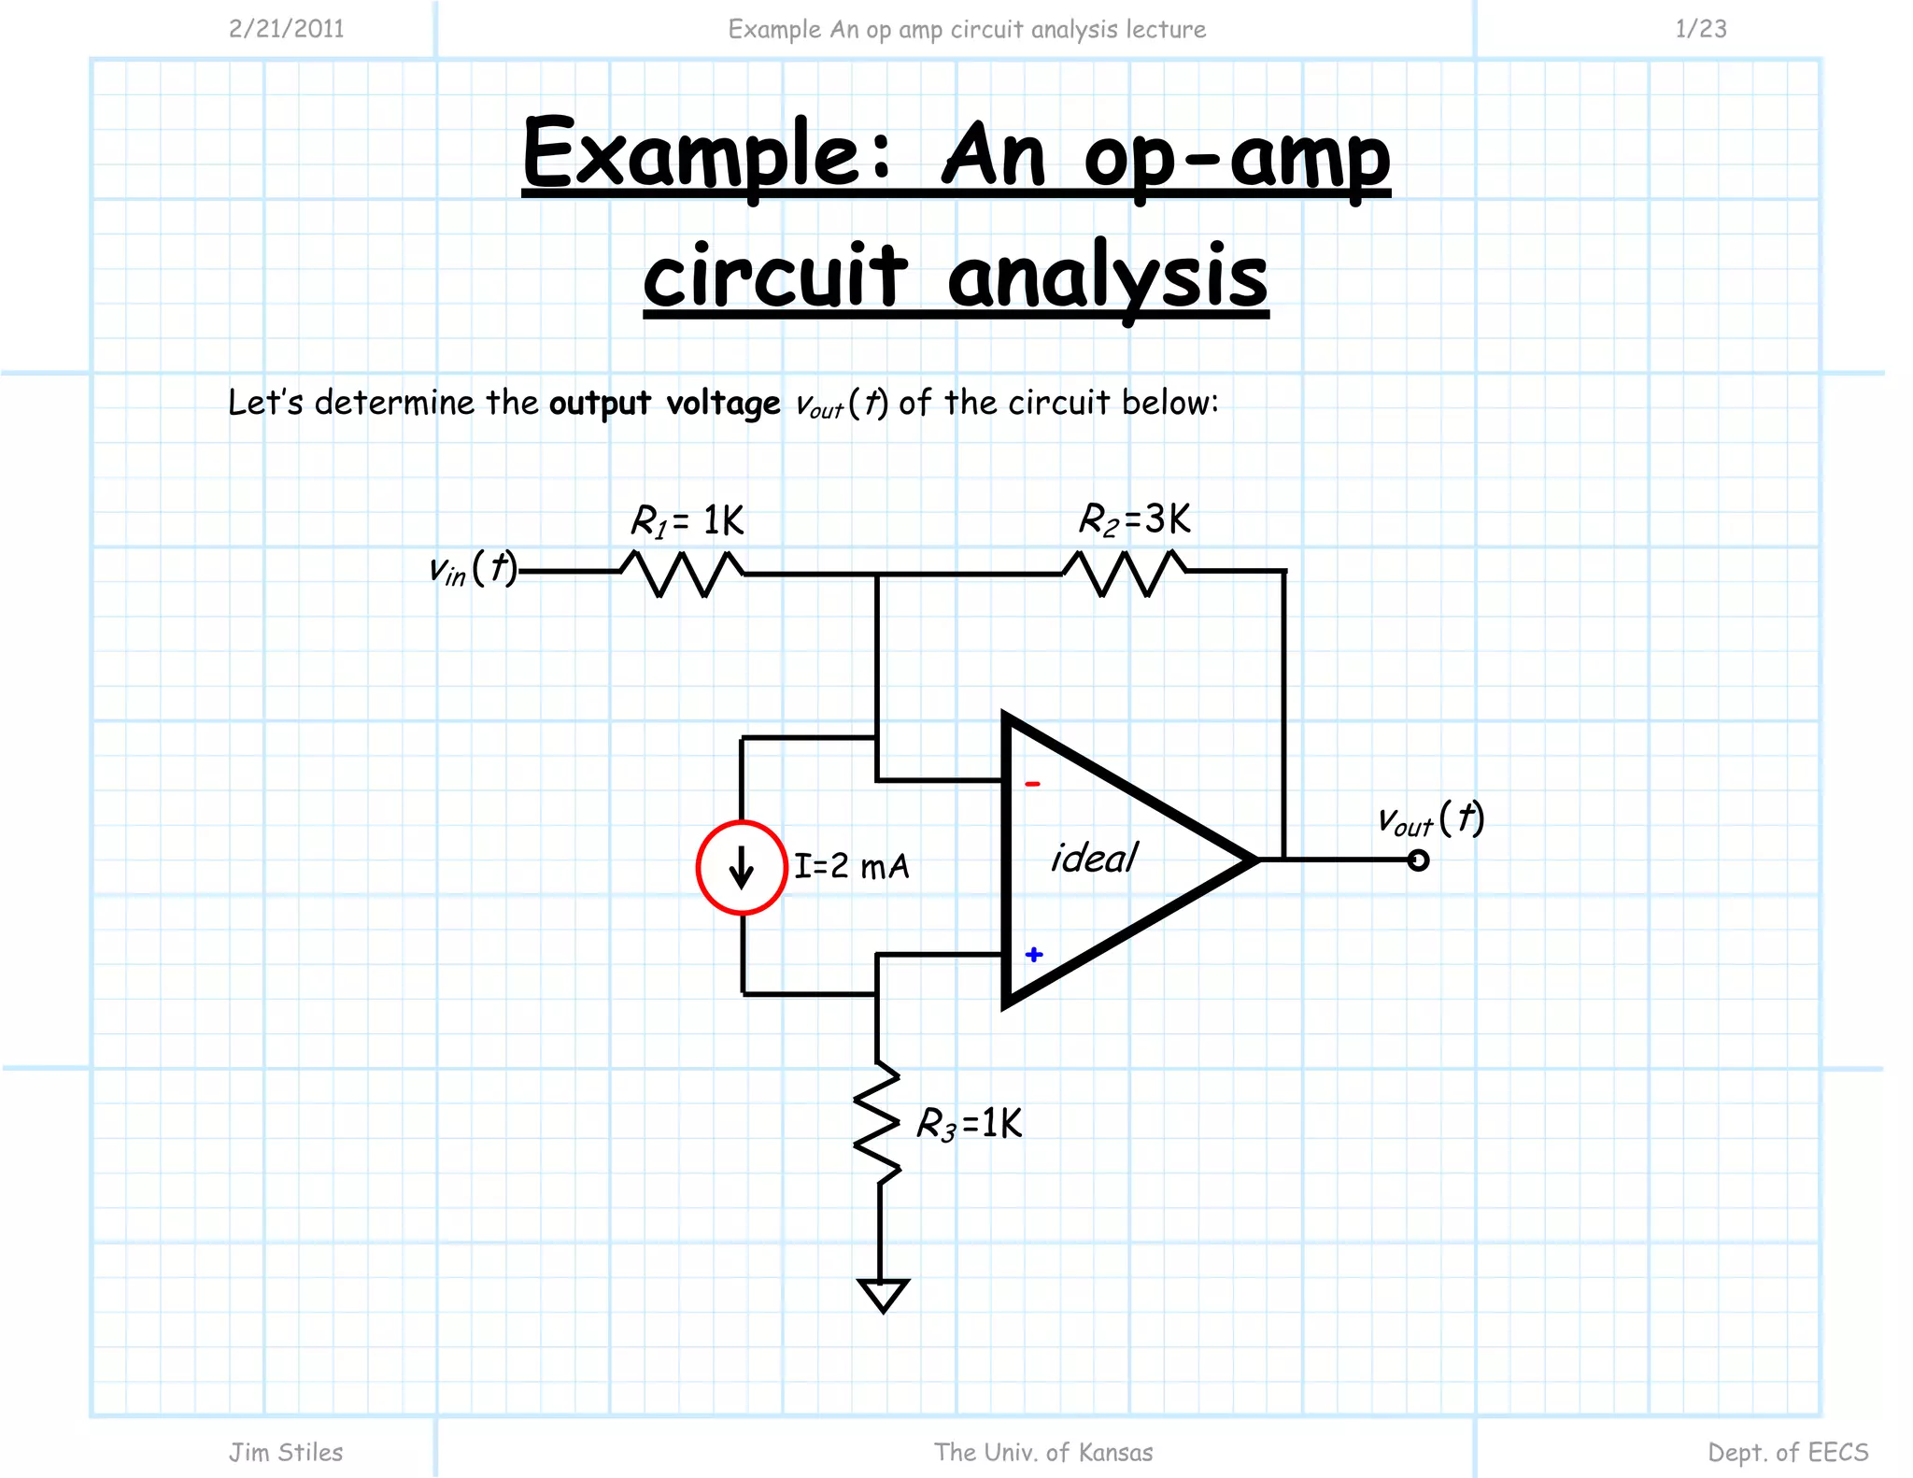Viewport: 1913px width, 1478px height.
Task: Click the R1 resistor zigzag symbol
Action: click(682, 573)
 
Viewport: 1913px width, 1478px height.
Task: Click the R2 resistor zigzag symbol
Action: click(1125, 572)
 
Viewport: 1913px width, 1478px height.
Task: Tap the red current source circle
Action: click(742, 867)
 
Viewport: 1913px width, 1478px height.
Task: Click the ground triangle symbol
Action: click(883, 1296)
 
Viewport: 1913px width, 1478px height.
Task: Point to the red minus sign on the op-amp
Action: click(1032, 784)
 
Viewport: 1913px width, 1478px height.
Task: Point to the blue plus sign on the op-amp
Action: click(1033, 954)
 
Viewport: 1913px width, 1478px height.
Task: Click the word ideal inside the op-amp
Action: click(1094, 858)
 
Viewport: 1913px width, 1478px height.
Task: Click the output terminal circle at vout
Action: click(1418, 860)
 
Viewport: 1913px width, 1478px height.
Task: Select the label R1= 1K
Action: click(687, 521)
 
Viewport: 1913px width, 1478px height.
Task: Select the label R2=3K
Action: click(1134, 519)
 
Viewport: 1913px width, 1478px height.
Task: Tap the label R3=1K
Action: click(969, 1124)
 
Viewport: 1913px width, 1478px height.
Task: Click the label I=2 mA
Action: click(851, 866)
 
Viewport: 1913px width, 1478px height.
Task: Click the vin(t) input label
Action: click(473, 568)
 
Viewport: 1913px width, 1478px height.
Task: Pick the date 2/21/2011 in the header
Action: click(287, 29)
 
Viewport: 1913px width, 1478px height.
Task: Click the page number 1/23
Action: click(1700, 29)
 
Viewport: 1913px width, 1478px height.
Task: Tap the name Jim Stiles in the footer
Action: click(286, 1452)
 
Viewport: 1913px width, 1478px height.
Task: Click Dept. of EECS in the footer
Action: click(1787, 1452)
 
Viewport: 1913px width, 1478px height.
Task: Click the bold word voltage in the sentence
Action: click(723, 404)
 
